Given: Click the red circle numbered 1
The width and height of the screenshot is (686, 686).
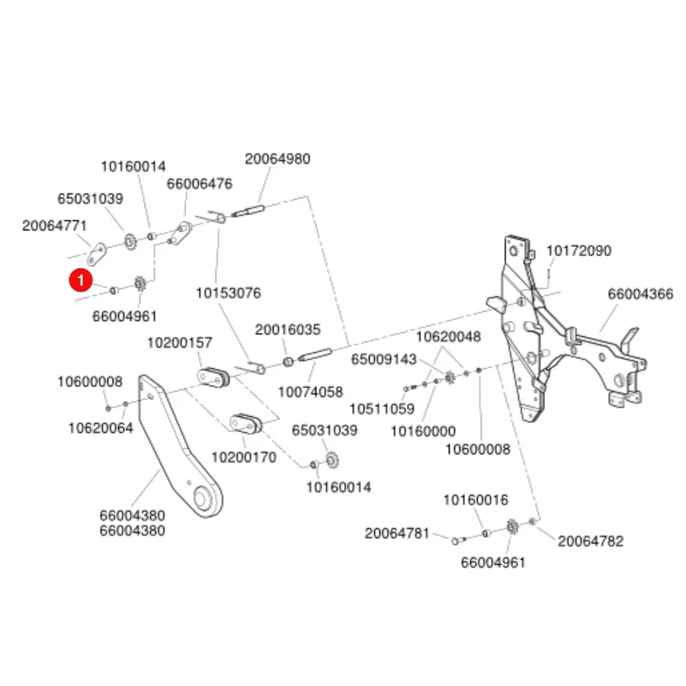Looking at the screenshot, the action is click(81, 280).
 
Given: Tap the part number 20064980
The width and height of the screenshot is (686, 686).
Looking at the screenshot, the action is click(277, 159).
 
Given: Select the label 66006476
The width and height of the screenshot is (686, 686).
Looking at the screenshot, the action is click(199, 184).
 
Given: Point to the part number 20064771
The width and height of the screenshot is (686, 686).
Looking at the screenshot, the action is click(55, 226).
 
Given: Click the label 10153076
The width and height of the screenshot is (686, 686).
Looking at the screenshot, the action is click(228, 293).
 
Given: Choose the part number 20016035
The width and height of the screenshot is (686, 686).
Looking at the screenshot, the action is click(287, 329).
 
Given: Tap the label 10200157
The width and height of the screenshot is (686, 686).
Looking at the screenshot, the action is click(179, 342).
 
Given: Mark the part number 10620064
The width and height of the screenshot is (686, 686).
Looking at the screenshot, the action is click(101, 428).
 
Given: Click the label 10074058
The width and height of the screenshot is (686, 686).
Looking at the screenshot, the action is click(310, 392).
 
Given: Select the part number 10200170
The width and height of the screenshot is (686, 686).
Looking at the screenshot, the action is click(244, 457).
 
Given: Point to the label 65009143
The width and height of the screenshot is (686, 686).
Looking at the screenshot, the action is click(383, 359).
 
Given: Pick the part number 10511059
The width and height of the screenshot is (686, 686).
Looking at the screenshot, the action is click(382, 409).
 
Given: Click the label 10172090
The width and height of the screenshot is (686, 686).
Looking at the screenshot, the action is click(579, 251).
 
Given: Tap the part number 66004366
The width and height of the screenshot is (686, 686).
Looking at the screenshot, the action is click(640, 294).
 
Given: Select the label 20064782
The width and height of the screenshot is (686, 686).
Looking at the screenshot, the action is click(590, 542).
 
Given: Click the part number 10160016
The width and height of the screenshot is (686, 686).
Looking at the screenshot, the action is click(476, 500).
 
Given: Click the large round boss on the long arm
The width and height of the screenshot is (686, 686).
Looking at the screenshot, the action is click(203, 498).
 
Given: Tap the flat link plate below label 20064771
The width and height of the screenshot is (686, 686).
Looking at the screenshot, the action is click(97, 254).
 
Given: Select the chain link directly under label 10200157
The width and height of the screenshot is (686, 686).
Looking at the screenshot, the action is click(213, 377).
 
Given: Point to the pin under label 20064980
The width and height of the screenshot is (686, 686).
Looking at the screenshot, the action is click(248, 211).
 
